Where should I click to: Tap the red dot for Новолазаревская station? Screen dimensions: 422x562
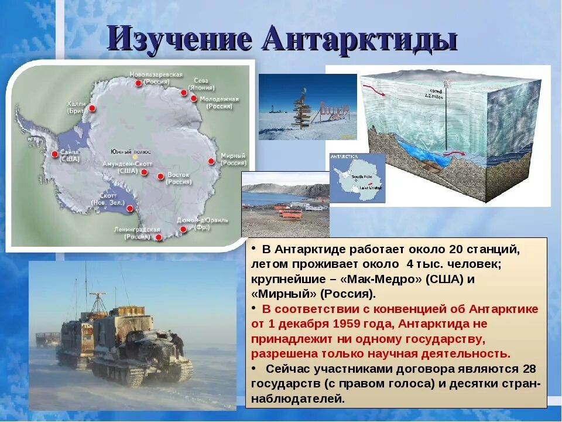click(x=138, y=83)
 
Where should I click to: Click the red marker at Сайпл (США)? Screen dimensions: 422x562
click(x=55, y=154)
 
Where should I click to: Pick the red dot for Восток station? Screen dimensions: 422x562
click(x=160, y=175)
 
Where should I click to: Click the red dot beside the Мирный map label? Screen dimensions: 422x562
click(x=211, y=161)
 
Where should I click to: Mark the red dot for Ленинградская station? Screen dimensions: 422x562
click(x=158, y=237)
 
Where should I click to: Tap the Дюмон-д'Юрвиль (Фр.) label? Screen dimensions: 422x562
click(x=202, y=223)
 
